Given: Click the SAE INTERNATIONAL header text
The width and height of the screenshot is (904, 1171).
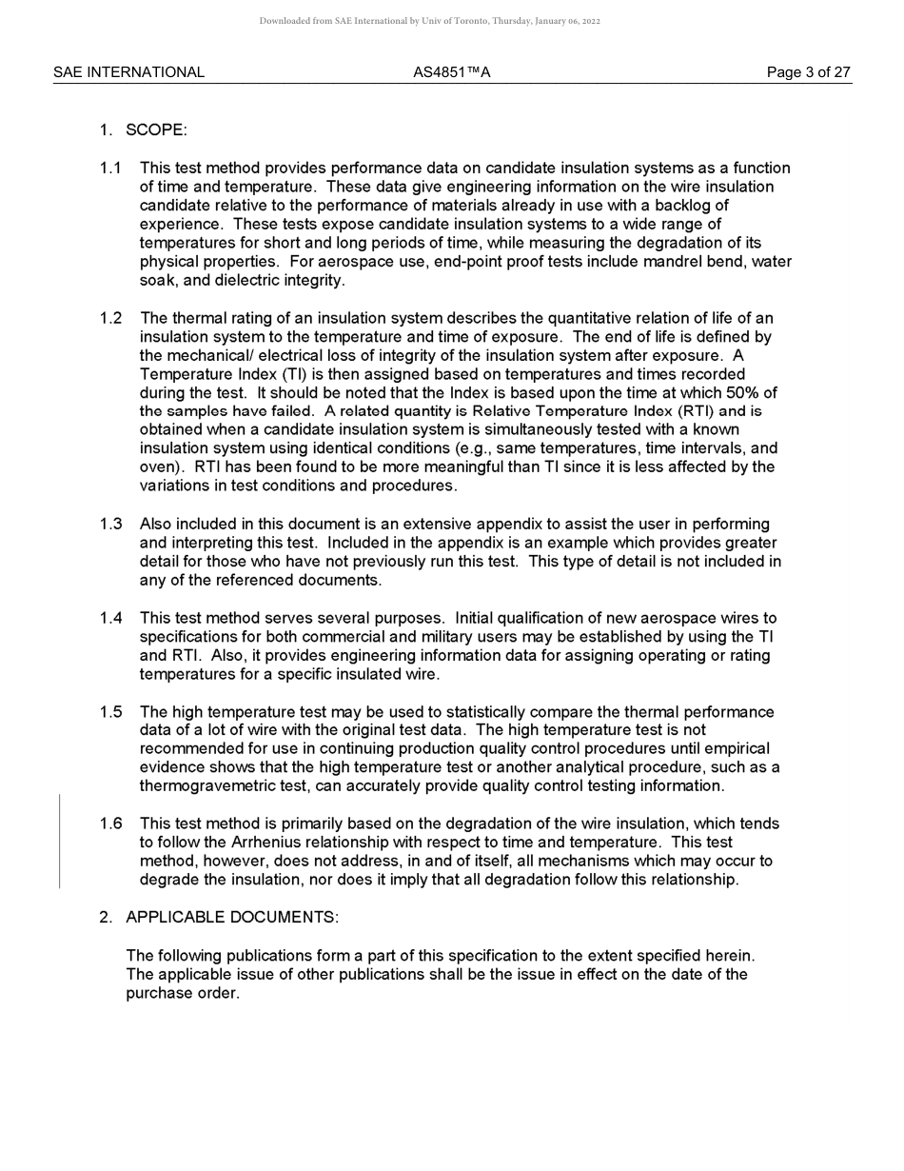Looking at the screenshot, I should click(128, 72).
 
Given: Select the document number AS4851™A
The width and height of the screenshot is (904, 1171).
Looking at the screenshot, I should click(452, 72).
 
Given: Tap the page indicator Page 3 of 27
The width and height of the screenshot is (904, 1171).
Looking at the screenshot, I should click(809, 72).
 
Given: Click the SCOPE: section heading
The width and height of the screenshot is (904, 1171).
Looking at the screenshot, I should click(156, 129).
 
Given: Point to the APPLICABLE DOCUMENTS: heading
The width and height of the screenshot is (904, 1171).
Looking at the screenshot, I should click(232, 917).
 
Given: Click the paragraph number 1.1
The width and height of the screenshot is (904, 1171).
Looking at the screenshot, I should click(110, 169).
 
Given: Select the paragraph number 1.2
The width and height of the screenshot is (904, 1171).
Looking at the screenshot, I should click(110, 318).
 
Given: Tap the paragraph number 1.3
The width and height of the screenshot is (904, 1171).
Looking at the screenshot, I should click(110, 524).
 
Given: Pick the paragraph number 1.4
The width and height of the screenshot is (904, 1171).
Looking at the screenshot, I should click(110, 618).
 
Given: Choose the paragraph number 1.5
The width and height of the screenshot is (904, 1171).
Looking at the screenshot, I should click(110, 712).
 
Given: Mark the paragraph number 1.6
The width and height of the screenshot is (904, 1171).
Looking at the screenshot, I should click(110, 824).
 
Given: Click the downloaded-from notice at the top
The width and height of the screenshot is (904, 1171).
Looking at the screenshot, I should click(429, 21).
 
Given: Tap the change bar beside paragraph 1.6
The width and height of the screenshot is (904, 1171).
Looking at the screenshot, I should click(60, 842).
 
